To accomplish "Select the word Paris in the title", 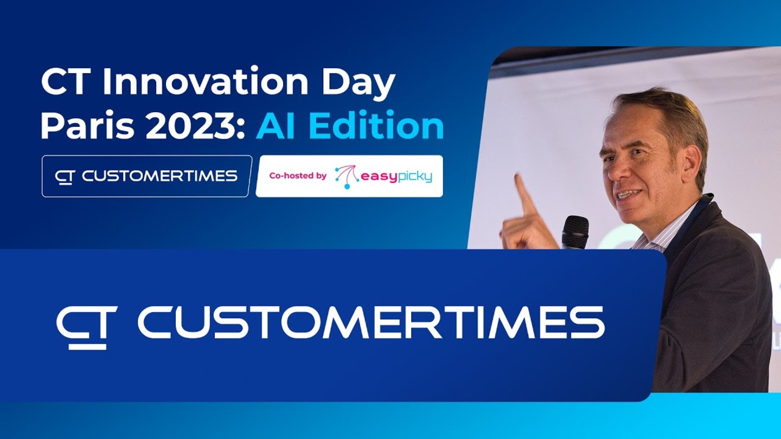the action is pyautogui.click(x=87, y=126).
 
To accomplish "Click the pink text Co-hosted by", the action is pyautogui.click(x=298, y=176).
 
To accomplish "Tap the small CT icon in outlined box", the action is pyautogui.click(x=65, y=177).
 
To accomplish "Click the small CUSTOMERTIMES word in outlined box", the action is pyautogui.click(x=159, y=176).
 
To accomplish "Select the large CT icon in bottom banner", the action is pyautogui.click(x=86, y=327).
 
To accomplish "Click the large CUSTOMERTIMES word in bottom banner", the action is pyautogui.click(x=371, y=322).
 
